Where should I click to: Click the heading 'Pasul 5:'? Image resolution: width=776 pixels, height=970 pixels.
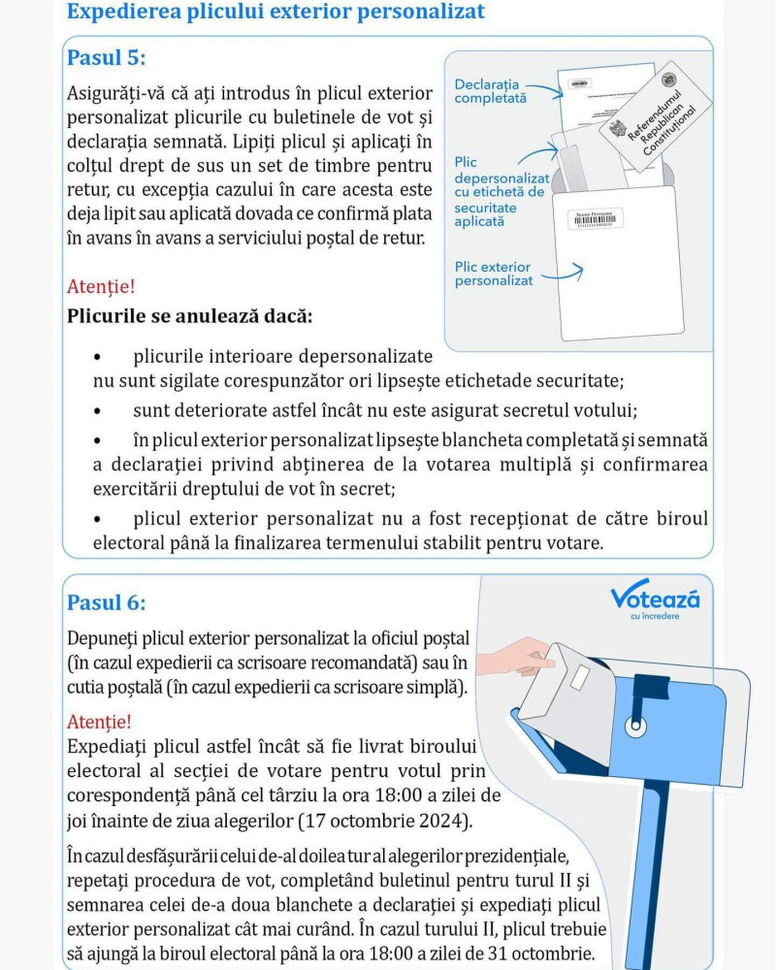107,57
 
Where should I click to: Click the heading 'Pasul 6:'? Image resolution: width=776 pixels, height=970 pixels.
107,602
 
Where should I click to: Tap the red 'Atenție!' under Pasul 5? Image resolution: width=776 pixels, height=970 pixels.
101,286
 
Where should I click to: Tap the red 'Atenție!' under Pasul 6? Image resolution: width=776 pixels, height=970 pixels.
99,722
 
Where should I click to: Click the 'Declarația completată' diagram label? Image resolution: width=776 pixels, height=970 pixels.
490,91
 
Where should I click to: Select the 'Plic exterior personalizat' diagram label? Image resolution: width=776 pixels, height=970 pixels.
493,274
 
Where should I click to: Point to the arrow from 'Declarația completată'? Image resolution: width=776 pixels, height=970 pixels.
544,89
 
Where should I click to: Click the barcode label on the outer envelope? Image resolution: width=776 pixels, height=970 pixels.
596,219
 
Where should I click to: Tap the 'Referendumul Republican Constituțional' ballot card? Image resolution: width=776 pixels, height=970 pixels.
656,116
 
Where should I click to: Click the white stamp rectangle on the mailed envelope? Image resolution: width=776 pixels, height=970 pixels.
580,677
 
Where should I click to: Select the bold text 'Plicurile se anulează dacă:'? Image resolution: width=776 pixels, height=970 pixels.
190,316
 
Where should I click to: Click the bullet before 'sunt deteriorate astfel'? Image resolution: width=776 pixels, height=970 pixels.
97,410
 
